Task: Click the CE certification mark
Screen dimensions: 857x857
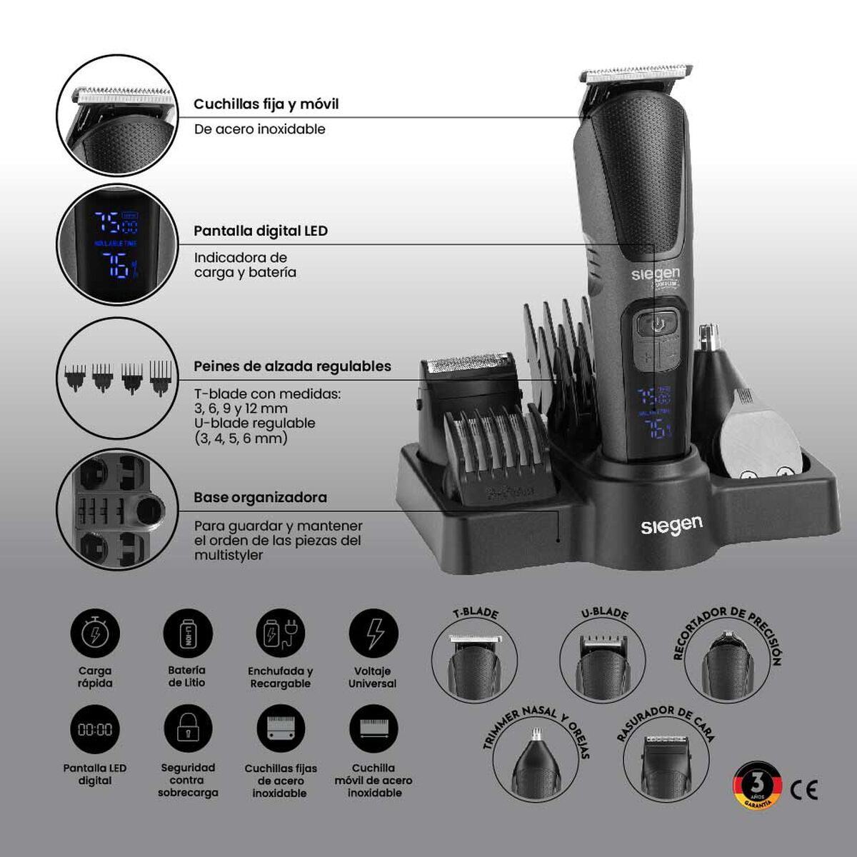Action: tap(804, 789)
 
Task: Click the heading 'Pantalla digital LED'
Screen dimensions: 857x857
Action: tap(261, 231)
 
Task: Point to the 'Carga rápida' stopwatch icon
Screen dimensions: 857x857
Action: tap(95, 633)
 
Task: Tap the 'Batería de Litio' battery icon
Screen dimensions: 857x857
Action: tap(187, 633)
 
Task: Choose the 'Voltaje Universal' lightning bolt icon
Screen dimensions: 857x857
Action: tap(374, 633)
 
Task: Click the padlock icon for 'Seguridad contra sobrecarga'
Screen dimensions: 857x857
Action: tap(188, 729)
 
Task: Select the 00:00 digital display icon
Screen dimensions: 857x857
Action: tap(95, 729)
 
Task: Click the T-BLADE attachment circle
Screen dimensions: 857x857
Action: tap(474, 660)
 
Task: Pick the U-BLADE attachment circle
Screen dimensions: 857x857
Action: tap(602, 660)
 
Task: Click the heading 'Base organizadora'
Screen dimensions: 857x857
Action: tap(260, 498)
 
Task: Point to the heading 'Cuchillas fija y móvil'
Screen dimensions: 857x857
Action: tap(266, 104)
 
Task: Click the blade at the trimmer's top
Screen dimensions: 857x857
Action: tap(637, 75)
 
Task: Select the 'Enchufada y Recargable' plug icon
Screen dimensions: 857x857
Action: tap(280, 633)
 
